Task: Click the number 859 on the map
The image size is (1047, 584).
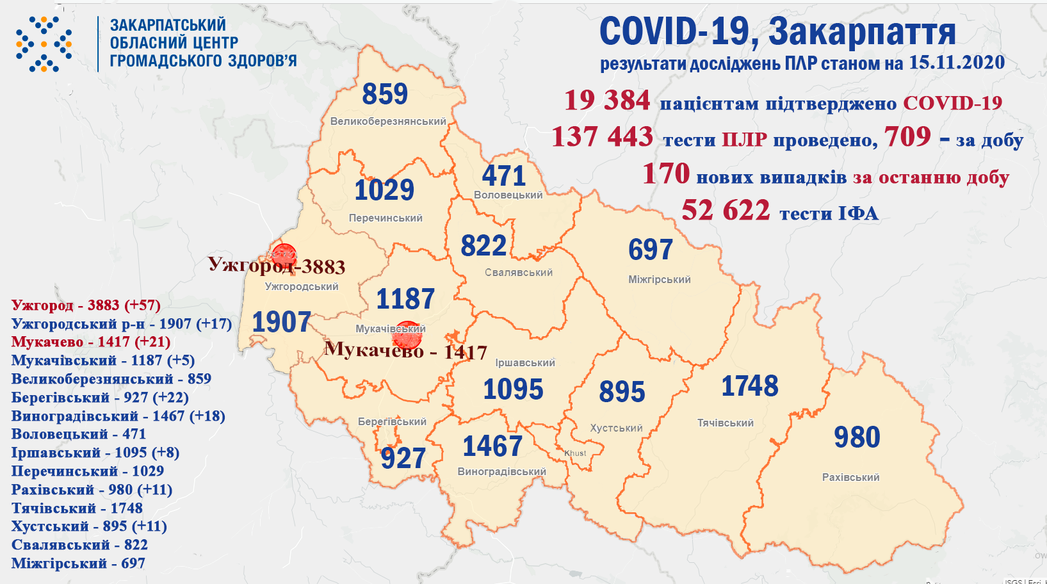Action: (385, 95)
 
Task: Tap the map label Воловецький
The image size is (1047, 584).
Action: (508, 195)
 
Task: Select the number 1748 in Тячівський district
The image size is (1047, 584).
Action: (750, 386)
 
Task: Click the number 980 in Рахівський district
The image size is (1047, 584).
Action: (857, 437)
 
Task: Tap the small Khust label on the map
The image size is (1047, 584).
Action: (575, 453)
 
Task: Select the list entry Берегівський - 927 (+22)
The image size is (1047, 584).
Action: (100, 398)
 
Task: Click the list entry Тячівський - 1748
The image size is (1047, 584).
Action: (77, 508)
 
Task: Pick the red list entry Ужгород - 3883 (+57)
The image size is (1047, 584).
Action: (86, 305)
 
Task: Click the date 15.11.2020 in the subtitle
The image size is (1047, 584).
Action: (957, 63)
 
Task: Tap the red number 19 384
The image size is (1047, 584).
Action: (607, 101)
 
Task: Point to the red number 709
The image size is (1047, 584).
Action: (907, 136)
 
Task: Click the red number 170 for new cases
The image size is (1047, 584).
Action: (666, 174)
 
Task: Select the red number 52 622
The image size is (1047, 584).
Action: (726, 211)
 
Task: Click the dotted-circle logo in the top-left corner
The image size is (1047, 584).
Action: (44, 44)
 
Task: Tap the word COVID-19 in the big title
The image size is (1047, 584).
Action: (674, 31)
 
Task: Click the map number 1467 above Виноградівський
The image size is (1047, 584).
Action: (492, 446)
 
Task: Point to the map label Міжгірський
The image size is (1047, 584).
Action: (659, 280)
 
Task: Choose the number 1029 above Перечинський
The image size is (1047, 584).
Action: (384, 190)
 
